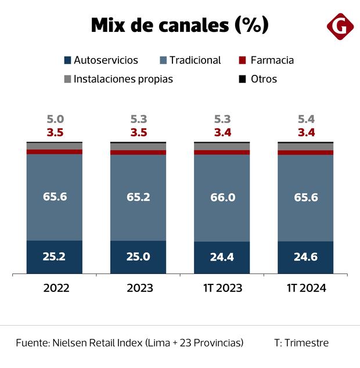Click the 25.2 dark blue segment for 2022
coord(55,256)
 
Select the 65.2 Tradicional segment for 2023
coord(138,197)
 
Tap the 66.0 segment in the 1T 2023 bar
coord(222,197)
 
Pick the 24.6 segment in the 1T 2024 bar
coord(305,257)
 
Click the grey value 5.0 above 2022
coord(55,120)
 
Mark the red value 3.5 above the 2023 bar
coord(138,132)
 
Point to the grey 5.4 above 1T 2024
coord(305,120)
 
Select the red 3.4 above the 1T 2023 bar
coord(222,132)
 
